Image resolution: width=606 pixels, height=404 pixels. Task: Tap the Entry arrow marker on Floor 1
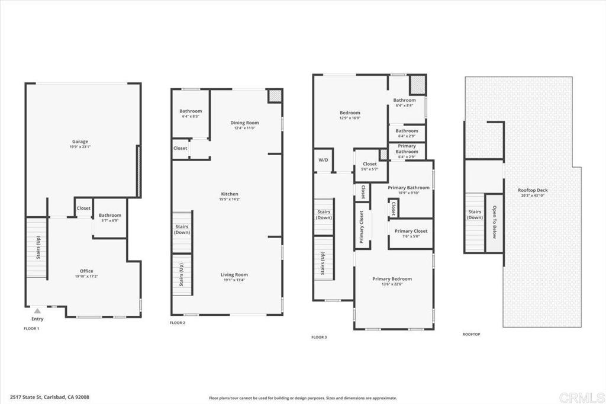[37, 310]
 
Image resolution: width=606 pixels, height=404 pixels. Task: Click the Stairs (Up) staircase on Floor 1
[37, 248]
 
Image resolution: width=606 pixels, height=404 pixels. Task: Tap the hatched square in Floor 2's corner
[275, 96]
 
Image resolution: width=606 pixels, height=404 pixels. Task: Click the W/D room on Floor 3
[323, 160]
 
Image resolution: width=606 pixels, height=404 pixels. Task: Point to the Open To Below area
[494, 222]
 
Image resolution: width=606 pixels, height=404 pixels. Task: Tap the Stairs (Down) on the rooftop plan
[475, 214]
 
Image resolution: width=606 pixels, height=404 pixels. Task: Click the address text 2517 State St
[49, 397]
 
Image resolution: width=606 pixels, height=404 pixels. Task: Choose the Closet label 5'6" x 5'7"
[370, 166]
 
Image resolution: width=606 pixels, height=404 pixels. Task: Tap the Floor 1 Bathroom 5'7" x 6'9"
[110, 217]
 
